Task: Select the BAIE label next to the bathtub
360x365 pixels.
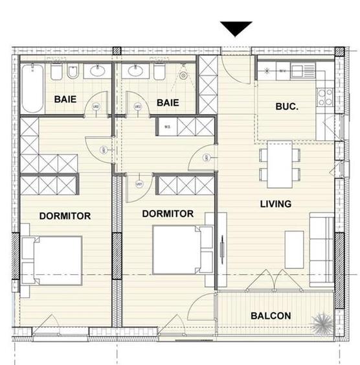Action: (x=65, y=99)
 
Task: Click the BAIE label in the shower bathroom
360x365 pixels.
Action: (x=167, y=102)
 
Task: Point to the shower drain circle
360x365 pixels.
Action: (x=183, y=76)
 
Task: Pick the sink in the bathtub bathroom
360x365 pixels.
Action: (x=97, y=72)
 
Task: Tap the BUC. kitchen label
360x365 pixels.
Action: (x=286, y=105)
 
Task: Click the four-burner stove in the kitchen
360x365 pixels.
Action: (x=324, y=97)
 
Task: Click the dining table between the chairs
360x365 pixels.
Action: (x=280, y=165)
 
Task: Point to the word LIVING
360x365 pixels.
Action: (x=275, y=204)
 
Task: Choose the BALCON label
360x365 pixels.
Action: (x=270, y=316)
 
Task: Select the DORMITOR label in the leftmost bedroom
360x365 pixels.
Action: (x=64, y=216)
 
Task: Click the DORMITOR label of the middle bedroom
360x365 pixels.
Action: (x=168, y=213)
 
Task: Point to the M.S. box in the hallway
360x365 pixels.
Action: (x=167, y=126)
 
